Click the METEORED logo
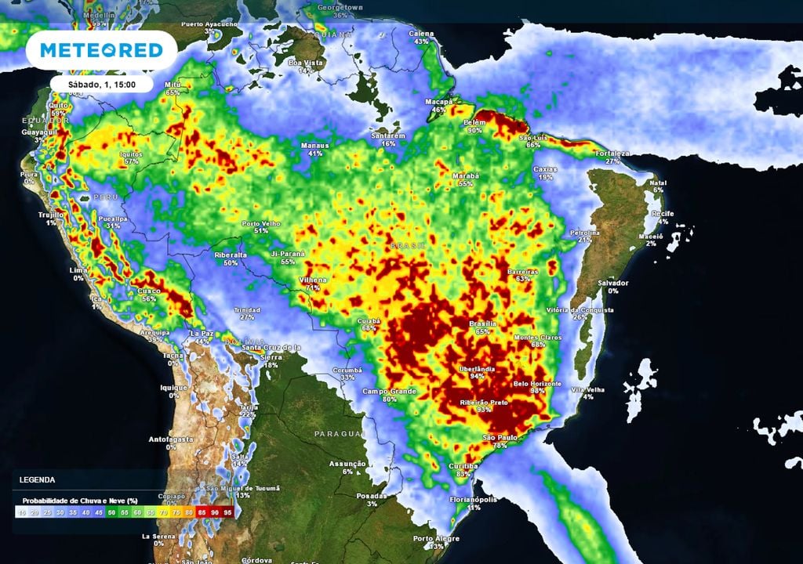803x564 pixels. (x=101, y=50)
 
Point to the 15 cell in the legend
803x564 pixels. (x=21, y=512)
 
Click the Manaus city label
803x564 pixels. (x=316, y=145)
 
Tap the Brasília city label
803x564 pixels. (x=482, y=323)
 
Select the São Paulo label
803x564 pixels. (x=500, y=437)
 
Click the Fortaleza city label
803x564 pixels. (x=612, y=153)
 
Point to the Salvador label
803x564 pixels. (x=612, y=283)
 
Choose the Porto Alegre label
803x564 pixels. (x=435, y=538)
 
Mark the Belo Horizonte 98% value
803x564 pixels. (x=538, y=391)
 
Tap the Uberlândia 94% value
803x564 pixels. (x=476, y=376)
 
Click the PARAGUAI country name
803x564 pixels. (x=340, y=433)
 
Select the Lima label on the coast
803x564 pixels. (x=78, y=269)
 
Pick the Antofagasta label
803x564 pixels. (x=171, y=439)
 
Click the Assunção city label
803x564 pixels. (x=349, y=464)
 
